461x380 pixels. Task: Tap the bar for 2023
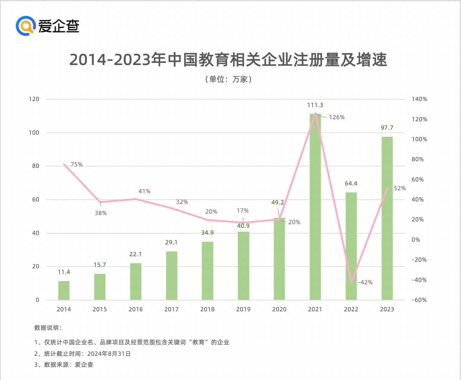click(387, 218)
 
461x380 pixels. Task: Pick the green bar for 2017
click(172, 276)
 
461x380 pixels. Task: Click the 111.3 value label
click(315, 105)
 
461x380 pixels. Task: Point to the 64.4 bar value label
click(351, 184)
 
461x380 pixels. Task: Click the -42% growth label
click(365, 282)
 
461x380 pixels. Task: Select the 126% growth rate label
click(337, 117)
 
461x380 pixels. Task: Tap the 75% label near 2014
click(76, 164)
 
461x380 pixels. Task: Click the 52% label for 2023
click(400, 188)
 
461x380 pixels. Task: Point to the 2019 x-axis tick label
click(243, 309)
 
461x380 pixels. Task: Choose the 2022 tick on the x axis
click(351, 309)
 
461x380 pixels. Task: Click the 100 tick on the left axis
click(34, 133)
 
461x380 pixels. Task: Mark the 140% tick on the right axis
click(419, 99)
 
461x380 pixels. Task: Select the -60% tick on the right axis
click(419, 300)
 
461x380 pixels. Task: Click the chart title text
click(228, 60)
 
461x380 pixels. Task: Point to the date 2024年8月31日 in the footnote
click(109, 354)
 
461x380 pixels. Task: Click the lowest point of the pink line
click(351, 282)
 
